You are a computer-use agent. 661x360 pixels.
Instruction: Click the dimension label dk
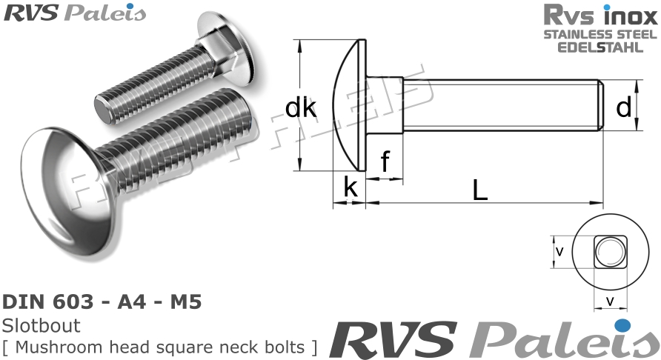[x=301, y=109]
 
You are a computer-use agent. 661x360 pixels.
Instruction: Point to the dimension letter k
[x=351, y=188]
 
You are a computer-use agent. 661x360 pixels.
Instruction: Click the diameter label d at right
[x=623, y=108]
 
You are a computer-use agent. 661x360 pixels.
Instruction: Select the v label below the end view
[x=609, y=301]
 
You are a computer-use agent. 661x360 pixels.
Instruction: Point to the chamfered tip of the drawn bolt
[x=601, y=105]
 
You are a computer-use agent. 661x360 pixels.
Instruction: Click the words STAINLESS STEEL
[x=600, y=35]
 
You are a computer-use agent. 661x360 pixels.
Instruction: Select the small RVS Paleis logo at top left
[x=74, y=13]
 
